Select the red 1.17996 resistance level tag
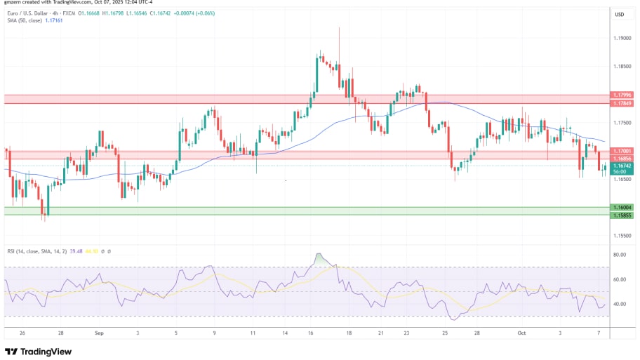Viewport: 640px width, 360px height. (622, 95)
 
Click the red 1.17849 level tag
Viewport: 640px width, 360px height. (622, 103)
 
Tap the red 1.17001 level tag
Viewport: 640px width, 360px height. (622, 151)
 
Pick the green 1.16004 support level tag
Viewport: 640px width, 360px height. (622, 208)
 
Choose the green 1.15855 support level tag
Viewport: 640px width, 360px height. (622, 215)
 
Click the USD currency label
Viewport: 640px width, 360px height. (620, 14)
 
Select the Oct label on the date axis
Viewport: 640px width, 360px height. (521, 334)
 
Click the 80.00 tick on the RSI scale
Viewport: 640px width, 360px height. (619, 255)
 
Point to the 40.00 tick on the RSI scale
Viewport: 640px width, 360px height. (619, 304)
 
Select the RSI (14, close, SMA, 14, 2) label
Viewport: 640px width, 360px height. (39, 251)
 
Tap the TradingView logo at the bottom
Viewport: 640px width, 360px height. (40, 351)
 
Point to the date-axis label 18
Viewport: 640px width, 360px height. (349, 334)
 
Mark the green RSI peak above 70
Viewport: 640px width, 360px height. (321, 259)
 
